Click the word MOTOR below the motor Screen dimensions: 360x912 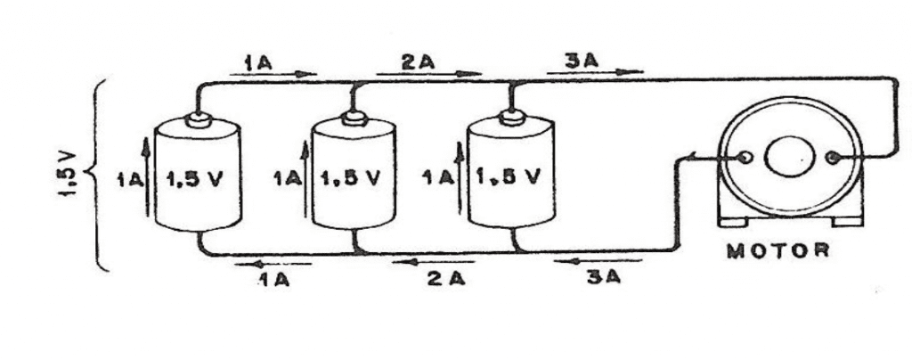(x=778, y=250)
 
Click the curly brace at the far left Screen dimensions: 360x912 (x=98, y=174)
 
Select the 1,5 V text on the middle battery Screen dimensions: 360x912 (x=353, y=176)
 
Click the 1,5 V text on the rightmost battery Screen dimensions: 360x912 (x=508, y=175)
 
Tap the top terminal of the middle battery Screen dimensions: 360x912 (x=354, y=118)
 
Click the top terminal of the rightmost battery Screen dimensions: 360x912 (x=510, y=116)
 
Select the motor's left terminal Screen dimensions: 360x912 (x=745, y=158)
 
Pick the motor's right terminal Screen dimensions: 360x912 (x=834, y=158)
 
